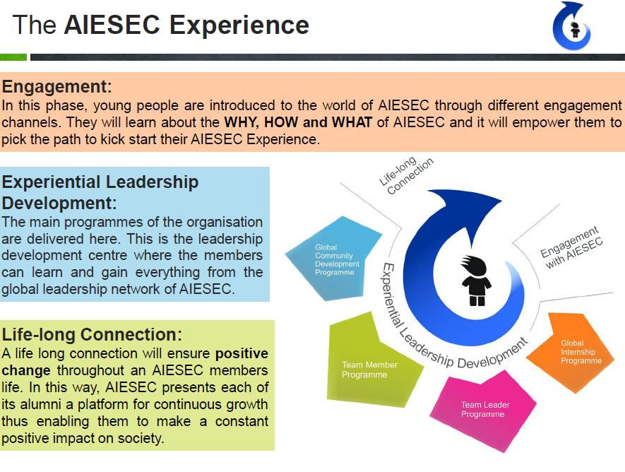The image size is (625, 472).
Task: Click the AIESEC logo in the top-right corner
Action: point(571,26)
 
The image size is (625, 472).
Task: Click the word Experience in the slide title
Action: point(239,25)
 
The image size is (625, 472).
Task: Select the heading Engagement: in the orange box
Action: point(57,86)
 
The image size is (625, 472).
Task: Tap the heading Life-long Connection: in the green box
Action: point(92,334)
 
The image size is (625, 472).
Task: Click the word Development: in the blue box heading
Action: point(59,203)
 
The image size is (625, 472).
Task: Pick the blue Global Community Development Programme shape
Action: point(333,259)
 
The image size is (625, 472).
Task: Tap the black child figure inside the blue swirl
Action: point(476,281)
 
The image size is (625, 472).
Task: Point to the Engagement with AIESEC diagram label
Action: point(571,247)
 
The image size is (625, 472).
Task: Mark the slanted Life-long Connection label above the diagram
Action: point(406,175)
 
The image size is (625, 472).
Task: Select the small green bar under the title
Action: point(13,57)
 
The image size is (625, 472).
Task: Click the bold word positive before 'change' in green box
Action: point(242,353)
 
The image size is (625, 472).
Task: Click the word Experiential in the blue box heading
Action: point(51,182)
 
